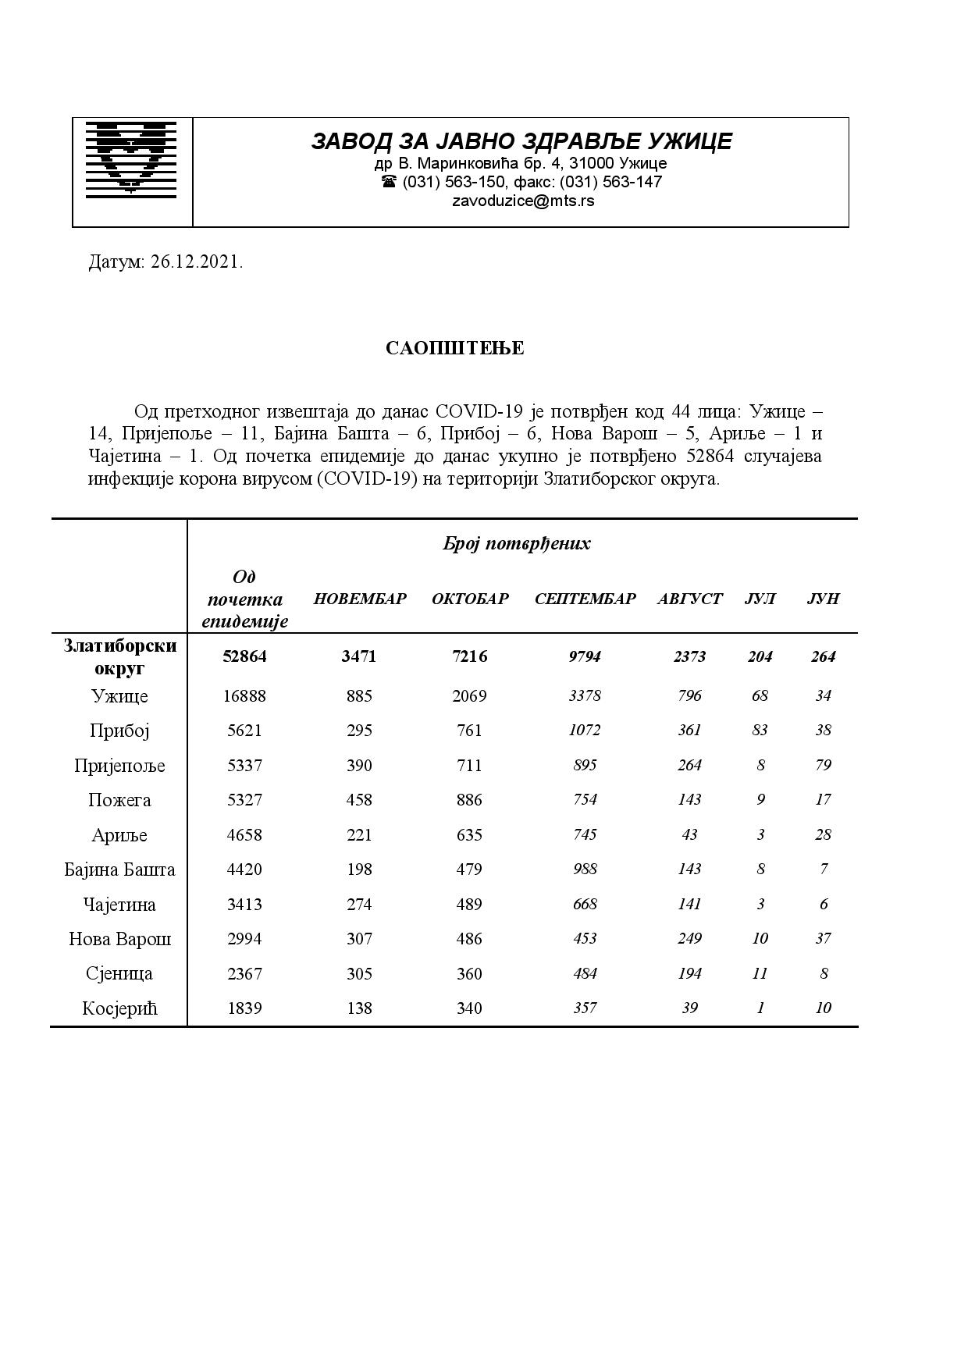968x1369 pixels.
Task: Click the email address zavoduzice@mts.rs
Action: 522,201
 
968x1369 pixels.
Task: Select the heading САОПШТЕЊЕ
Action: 454,348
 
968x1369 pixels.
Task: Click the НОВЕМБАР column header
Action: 360,599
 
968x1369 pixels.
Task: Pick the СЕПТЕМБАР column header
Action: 585,599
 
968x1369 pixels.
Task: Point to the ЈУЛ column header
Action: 760,599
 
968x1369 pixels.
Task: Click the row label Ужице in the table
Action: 119,696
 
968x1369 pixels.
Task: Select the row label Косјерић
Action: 119,1008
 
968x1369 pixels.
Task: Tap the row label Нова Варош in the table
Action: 119,939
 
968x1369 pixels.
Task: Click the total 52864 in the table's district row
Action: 244,656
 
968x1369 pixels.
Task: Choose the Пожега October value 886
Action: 469,800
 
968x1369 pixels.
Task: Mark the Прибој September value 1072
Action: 585,731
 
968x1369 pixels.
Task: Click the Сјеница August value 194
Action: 689,973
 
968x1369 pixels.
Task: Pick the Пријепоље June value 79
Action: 823,765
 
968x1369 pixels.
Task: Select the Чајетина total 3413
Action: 244,905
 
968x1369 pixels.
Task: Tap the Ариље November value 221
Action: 359,835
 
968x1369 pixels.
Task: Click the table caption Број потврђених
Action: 516,544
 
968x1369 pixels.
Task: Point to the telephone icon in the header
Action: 389,182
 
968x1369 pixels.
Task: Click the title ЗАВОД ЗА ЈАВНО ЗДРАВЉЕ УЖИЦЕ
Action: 521,141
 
